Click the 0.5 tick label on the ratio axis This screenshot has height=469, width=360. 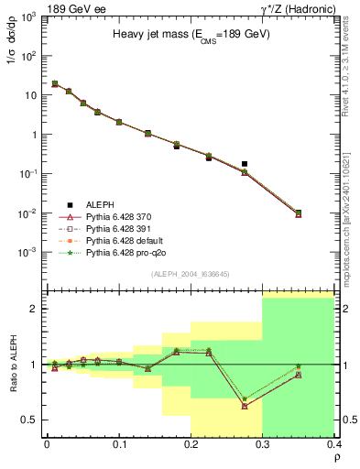point(30,420)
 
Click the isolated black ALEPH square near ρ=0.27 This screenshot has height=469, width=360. point(245,164)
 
